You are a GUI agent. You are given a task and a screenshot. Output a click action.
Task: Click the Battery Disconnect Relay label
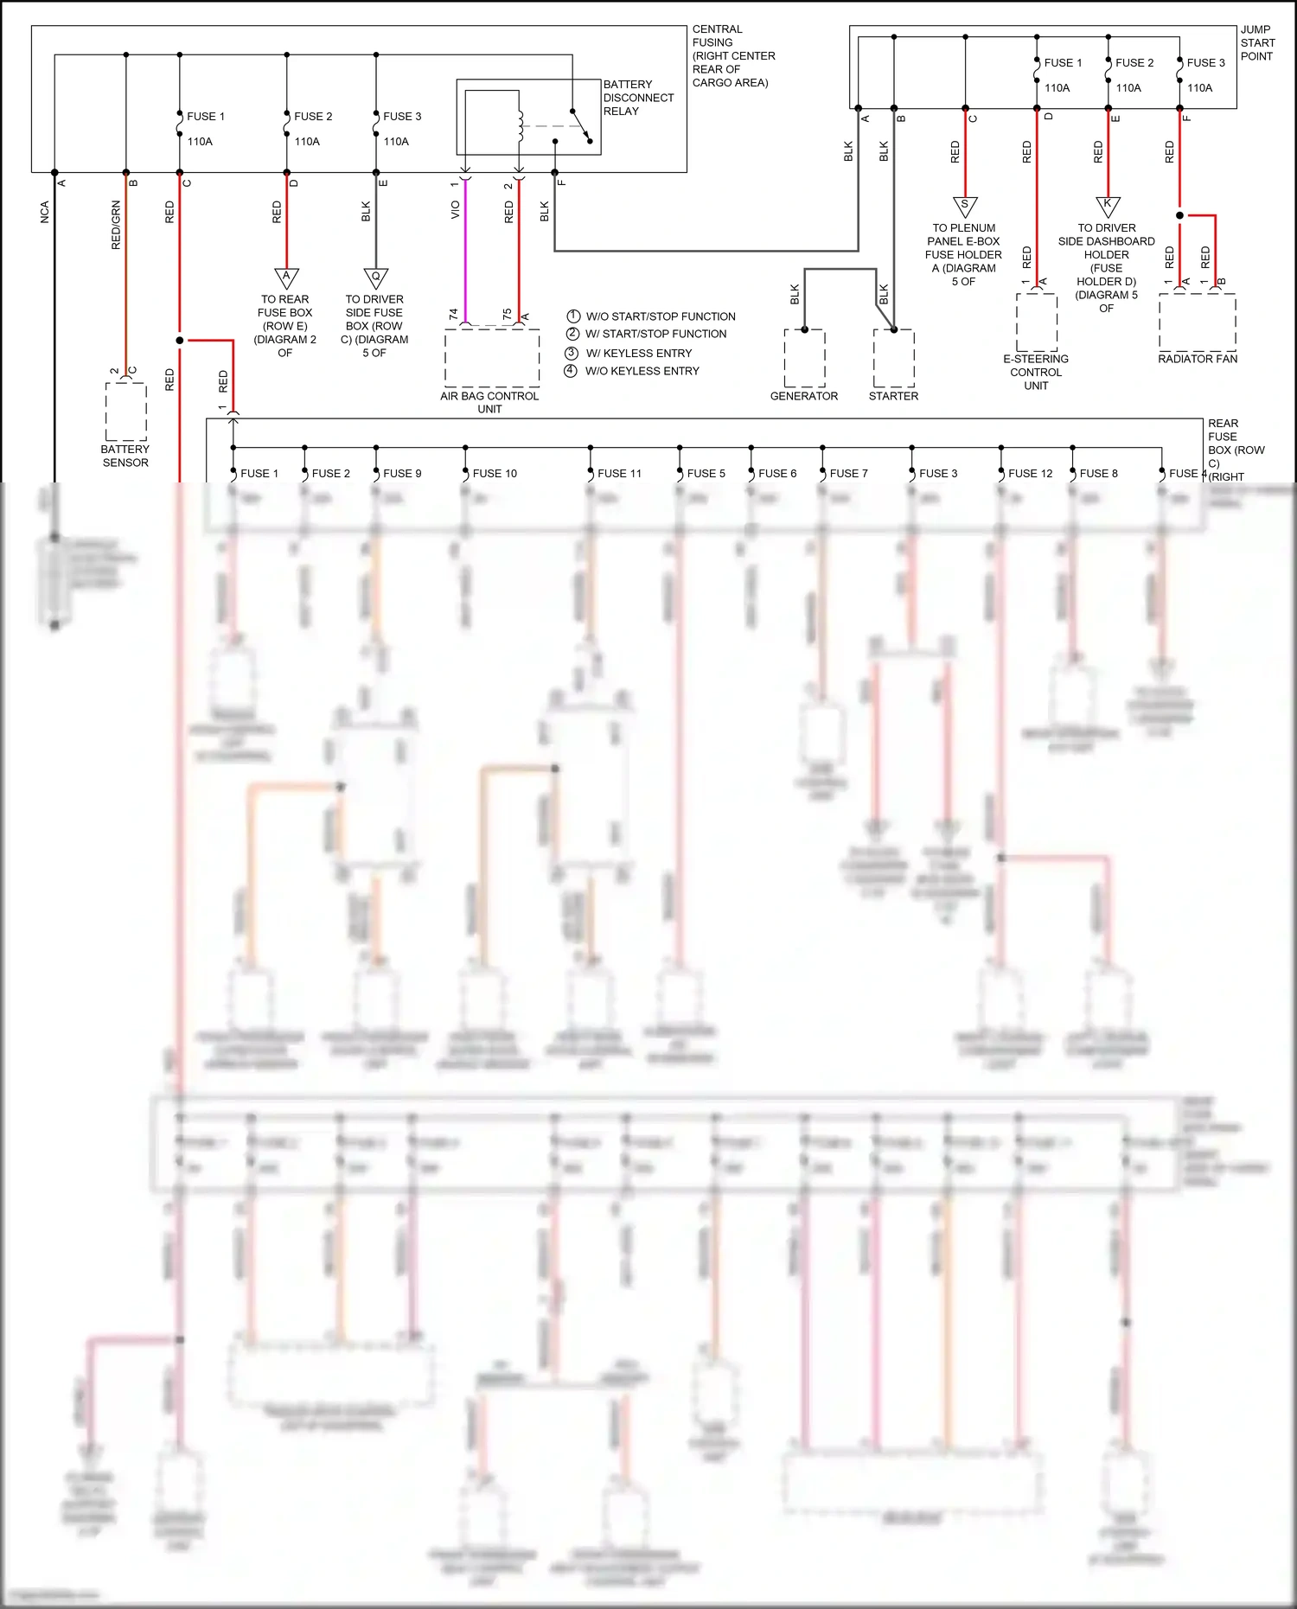[638, 98]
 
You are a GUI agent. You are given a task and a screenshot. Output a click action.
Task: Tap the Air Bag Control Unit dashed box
[491, 357]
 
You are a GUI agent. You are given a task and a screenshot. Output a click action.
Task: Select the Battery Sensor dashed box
[126, 411]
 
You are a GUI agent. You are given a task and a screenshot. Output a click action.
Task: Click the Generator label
[804, 396]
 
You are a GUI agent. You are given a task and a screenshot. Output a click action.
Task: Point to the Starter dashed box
[894, 359]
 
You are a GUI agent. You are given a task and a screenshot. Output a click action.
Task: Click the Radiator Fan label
[1198, 359]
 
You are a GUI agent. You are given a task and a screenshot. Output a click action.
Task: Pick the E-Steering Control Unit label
[1036, 373]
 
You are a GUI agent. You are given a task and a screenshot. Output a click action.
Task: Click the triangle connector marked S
[965, 206]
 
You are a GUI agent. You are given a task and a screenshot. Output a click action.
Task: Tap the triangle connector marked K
[1108, 206]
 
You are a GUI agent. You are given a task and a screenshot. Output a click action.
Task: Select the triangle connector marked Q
[375, 278]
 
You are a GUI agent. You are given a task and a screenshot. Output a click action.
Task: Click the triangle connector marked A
[286, 278]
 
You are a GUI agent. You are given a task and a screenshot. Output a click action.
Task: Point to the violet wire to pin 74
[465, 251]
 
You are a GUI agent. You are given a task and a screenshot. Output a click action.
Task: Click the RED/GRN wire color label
[116, 226]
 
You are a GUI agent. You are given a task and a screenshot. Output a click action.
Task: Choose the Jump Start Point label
[1257, 43]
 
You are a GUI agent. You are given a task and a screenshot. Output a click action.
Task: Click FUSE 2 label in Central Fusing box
[313, 117]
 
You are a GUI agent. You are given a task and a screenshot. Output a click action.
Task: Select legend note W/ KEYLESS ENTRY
[639, 354]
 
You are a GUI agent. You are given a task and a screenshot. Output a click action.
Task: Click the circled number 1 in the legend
[572, 316]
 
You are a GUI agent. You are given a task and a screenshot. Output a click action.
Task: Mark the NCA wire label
[44, 213]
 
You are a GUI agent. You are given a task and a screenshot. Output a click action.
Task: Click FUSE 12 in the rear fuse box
[1030, 474]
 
